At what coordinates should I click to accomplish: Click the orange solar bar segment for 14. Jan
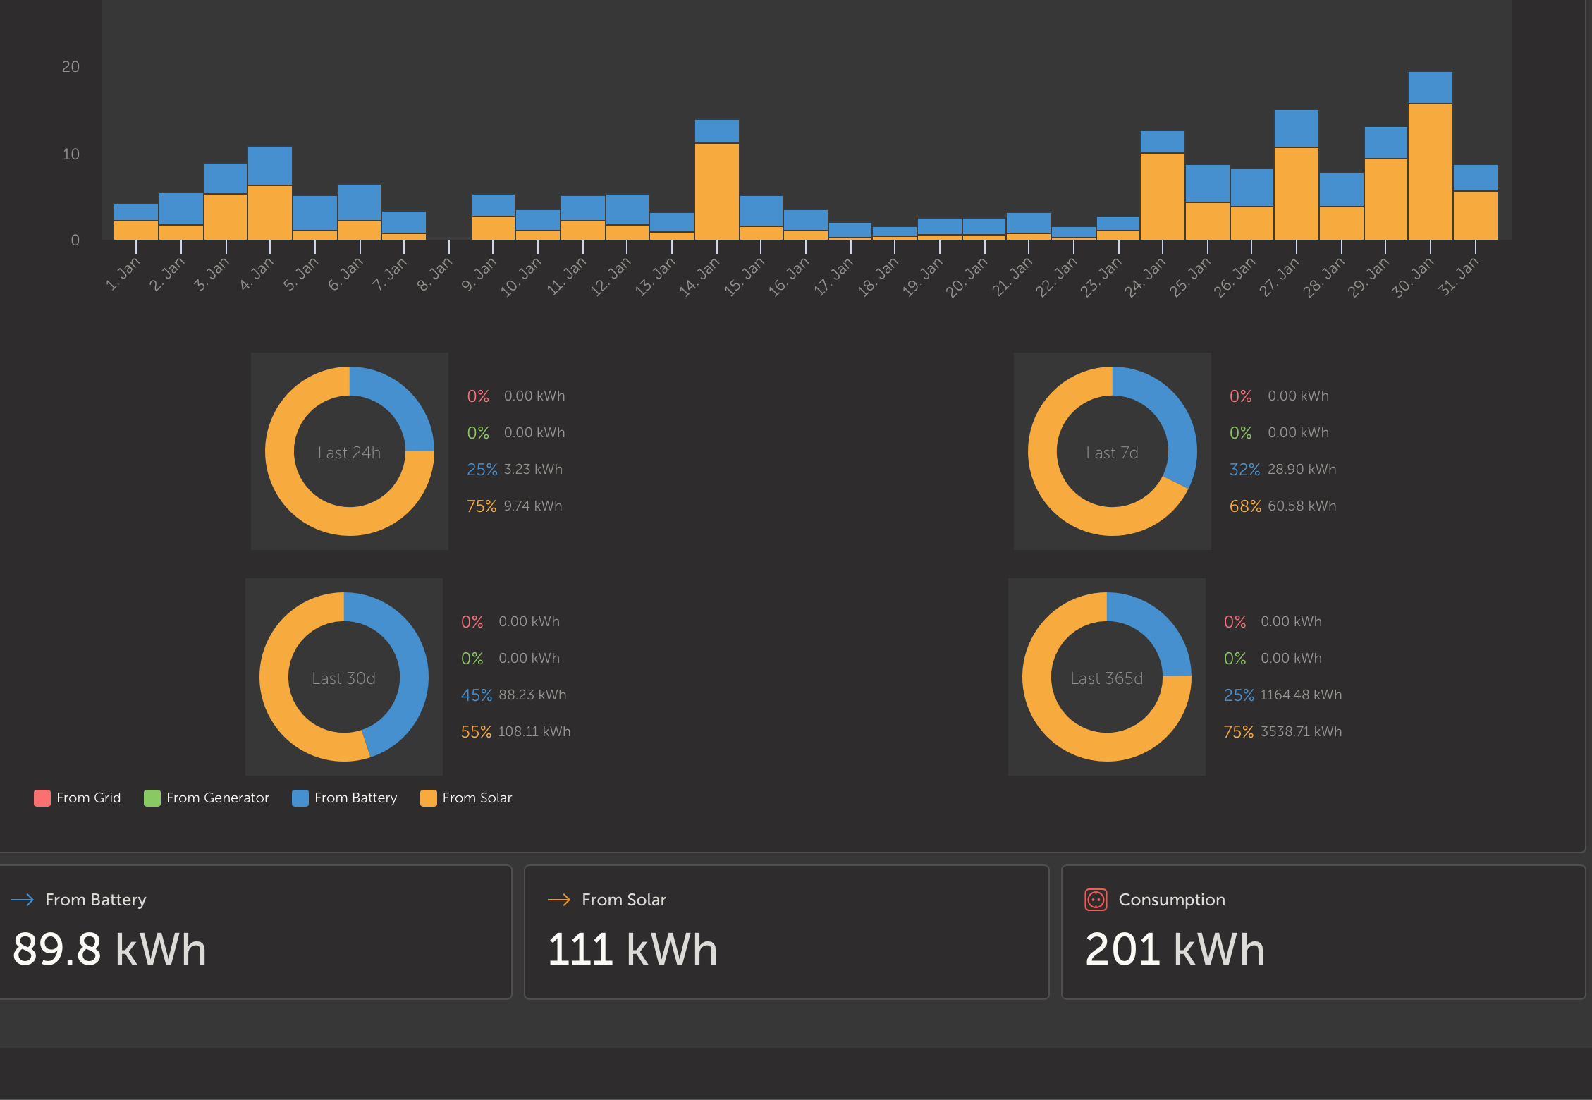click(717, 192)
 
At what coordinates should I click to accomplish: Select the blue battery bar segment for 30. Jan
click(1431, 87)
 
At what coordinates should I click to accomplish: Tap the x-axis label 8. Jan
click(434, 274)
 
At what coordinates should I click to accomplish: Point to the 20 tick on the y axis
click(71, 67)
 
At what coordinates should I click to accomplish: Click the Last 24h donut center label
click(349, 453)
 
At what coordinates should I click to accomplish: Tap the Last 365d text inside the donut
click(1106, 678)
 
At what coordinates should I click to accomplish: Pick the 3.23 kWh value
click(533, 470)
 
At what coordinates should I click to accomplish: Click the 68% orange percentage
click(1245, 506)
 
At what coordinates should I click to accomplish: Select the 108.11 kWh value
click(534, 732)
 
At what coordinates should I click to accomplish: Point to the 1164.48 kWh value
click(1301, 695)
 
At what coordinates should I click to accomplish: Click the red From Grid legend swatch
click(42, 798)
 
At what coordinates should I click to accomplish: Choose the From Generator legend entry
click(207, 798)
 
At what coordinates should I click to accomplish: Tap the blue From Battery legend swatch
click(300, 798)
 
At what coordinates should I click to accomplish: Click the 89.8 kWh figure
click(109, 949)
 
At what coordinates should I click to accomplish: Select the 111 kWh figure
click(632, 949)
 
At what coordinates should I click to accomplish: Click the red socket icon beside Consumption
click(1096, 900)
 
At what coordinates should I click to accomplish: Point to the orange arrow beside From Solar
click(559, 900)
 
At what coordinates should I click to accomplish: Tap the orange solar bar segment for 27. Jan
click(1297, 194)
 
